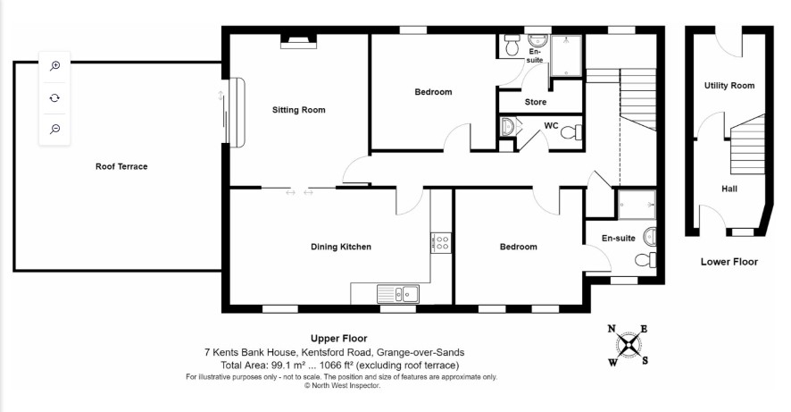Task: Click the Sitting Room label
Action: click(299, 110)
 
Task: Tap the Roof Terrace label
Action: click(121, 166)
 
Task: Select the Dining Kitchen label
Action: click(341, 247)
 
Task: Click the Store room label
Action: click(536, 102)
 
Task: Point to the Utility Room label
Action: click(729, 86)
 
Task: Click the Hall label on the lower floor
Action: click(729, 189)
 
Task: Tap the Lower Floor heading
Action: click(729, 262)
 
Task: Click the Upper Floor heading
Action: click(339, 339)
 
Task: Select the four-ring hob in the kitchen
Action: click(441, 243)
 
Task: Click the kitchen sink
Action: click(398, 294)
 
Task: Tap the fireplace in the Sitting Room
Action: click(299, 41)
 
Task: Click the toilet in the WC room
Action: click(571, 132)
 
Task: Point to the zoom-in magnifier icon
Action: click(55, 65)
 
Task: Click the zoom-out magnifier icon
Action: click(55, 130)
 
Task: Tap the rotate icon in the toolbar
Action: click(55, 97)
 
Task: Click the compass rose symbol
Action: click(628, 346)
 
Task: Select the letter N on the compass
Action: click(612, 329)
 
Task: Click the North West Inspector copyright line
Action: click(342, 385)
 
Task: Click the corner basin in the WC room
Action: click(507, 127)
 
